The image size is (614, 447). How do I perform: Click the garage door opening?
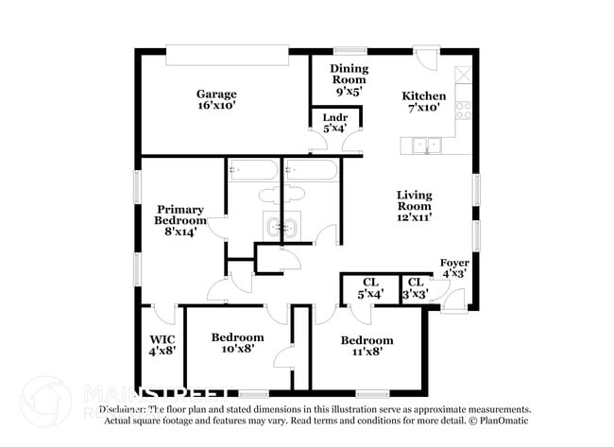tap(226, 56)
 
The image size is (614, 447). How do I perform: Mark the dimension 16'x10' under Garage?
tap(216, 107)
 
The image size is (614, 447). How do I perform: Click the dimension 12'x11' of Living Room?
tap(414, 218)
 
